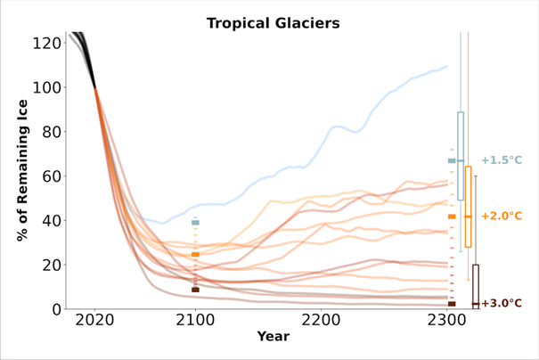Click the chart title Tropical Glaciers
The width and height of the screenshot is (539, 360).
(x=274, y=23)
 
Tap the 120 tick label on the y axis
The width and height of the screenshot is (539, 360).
(x=46, y=44)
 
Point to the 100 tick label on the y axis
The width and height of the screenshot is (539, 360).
(x=46, y=87)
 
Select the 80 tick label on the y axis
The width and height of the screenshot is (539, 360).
(x=52, y=132)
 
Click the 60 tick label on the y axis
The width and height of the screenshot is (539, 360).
(x=52, y=176)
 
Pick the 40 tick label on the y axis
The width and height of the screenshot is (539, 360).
(x=52, y=220)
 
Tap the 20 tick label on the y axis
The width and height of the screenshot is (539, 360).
(x=52, y=265)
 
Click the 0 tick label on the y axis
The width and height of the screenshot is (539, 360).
(x=57, y=309)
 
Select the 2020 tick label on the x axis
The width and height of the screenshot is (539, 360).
(x=94, y=321)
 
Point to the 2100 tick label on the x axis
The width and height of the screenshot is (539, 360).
(x=195, y=321)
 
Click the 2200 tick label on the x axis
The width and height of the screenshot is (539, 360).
(x=321, y=321)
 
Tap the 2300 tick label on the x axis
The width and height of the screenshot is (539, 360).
(x=447, y=321)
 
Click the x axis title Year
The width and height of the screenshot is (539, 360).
(x=274, y=336)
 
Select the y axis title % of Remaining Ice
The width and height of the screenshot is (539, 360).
(x=22, y=170)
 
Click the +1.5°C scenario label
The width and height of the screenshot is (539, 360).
(x=502, y=160)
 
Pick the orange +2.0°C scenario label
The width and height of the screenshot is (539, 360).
(x=502, y=216)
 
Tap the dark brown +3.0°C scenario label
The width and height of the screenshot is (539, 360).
(x=502, y=303)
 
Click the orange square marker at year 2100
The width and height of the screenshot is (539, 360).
(x=195, y=255)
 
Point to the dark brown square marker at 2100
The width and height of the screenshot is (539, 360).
(x=195, y=290)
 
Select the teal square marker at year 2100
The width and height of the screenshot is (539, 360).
(x=195, y=223)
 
